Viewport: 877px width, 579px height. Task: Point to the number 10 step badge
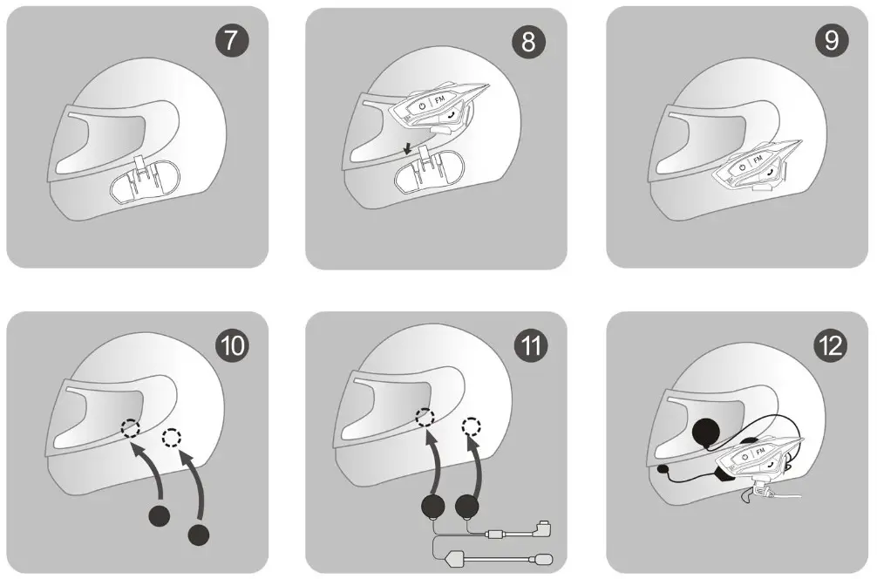click(232, 345)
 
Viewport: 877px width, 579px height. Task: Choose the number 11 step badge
click(530, 345)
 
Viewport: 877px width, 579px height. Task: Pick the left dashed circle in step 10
click(129, 428)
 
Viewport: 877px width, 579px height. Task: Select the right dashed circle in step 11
click(472, 427)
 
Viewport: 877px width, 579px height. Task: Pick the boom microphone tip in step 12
click(665, 469)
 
